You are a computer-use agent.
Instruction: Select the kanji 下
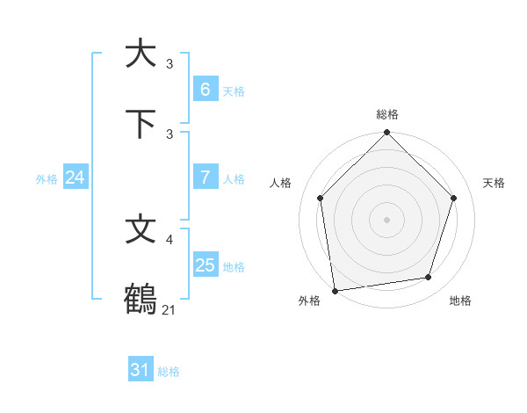(141, 123)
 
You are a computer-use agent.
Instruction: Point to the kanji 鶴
(141, 299)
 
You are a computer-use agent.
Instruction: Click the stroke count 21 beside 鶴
(170, 309)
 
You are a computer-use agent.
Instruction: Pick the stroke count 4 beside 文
(170, 239)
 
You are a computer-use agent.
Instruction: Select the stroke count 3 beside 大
(170, 63)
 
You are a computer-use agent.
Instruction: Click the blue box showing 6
(205, 89)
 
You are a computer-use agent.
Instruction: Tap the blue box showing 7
(205, 177)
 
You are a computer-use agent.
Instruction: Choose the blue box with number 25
(205, 264)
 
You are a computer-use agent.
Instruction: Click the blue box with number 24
(75, 178)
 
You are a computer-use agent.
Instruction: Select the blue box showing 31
(140, 370)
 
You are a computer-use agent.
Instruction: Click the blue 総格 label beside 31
(169, 372)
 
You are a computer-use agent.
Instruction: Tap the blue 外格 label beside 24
(47, 179)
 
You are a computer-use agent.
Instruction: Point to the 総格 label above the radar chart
(387, 114)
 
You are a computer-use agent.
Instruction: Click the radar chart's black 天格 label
(494, 183)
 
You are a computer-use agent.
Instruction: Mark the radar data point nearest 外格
(335, 290)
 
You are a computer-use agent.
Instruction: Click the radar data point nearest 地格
(429, 278)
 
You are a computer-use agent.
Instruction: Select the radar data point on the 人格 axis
(321, 198)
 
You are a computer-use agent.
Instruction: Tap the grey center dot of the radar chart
(387, 219)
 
